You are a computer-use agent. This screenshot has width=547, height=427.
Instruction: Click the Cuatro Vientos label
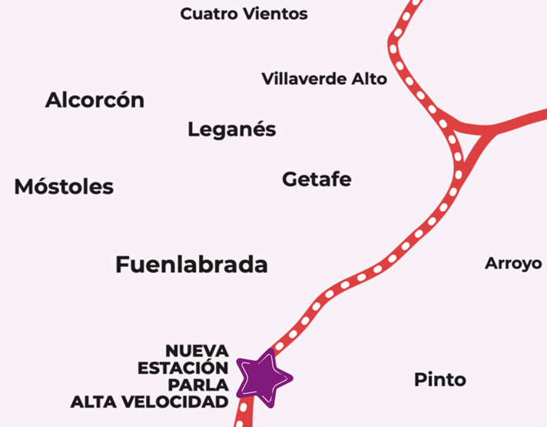click(244, 14)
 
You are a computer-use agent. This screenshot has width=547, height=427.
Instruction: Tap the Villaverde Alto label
click(324, 78)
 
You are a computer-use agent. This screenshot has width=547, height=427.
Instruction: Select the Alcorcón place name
click(94, 100)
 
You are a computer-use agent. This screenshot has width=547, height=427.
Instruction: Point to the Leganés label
click(231, 129)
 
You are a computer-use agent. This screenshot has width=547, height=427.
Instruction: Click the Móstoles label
click(64, 186)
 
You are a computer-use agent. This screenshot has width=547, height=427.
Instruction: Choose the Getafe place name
click(317, 179)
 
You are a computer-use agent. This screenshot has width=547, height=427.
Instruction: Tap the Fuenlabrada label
click(191, 265)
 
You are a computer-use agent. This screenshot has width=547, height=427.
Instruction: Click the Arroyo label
click(513, 264)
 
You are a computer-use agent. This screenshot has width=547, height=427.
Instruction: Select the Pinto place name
click(439, 379)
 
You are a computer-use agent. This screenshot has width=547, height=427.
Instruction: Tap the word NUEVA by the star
click(197, 352)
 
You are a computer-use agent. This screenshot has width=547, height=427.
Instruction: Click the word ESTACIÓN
click(183, 369)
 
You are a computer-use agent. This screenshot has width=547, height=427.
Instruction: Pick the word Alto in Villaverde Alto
click(368, 78)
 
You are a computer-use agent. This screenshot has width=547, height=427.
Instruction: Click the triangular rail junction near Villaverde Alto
click(462, 143)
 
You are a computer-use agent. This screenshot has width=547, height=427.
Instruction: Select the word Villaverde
click(303, 78)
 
